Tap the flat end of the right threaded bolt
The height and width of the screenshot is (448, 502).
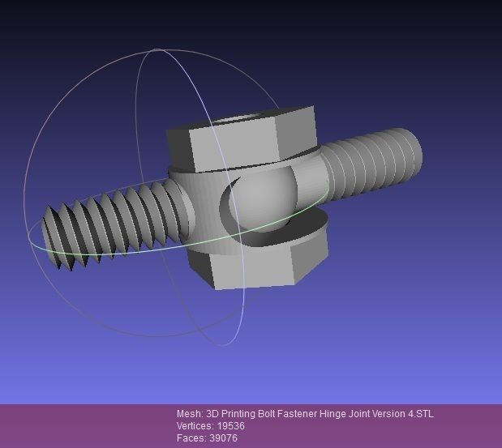[412, 150]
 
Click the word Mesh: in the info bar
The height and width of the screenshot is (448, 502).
[190, 414]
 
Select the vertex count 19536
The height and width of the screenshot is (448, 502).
[230, 426]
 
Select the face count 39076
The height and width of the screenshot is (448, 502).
[223, 438]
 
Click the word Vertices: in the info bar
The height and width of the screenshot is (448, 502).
[195, 426]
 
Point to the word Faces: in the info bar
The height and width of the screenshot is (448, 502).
[190, 438]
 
